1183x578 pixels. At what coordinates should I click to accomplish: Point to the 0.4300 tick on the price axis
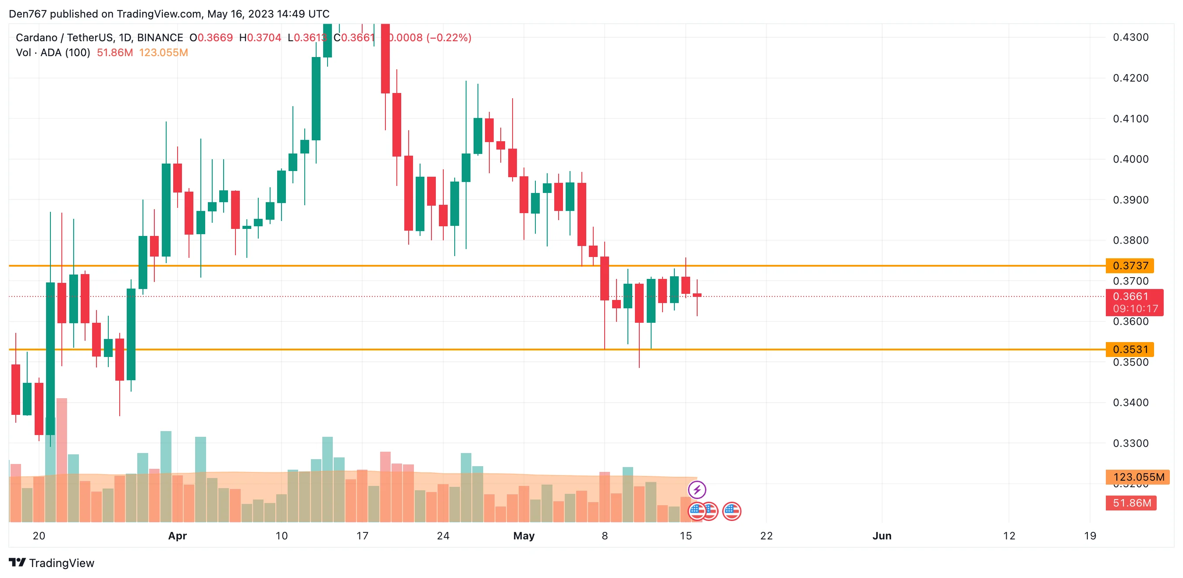[1130, 37]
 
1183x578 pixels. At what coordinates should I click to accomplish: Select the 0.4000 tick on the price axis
[1130, 159]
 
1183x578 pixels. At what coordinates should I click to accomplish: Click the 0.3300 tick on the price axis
[1130, 443]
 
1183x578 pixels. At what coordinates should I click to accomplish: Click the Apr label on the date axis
[177, 535]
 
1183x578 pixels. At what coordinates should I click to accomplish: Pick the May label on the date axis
[524, 535]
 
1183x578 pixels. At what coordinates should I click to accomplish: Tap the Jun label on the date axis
[882, 535]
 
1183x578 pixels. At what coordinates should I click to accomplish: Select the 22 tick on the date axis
[766, 535]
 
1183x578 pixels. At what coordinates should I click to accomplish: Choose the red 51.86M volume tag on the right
[1131, 503]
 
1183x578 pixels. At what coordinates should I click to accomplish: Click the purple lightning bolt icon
[697, 489]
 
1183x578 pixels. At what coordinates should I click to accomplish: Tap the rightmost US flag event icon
[731, 511]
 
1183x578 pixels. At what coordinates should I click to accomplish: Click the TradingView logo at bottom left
[51, 562]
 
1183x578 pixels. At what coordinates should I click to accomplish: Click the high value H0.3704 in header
[260, 38]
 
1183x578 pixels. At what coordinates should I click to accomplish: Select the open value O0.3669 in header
[211, 38]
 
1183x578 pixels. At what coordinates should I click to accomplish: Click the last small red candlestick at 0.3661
[697, 295]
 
